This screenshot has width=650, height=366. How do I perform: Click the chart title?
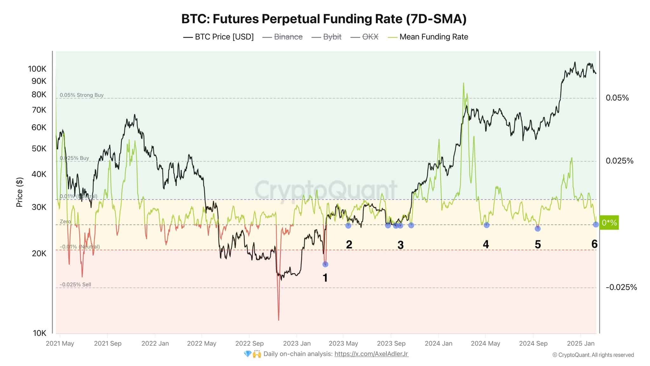point(324,19)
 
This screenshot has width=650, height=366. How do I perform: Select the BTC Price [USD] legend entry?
point(219,37)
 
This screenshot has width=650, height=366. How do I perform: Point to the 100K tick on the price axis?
point(37,69)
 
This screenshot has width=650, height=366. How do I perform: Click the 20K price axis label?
point(39,254)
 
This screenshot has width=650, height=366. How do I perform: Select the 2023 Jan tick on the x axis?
point(297,343)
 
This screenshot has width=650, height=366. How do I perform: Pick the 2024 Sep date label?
point(533,343)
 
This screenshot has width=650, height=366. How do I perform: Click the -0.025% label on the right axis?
point(621,287)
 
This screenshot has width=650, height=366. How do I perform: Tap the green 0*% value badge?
point(609,223)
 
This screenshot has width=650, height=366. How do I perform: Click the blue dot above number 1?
point(325,264)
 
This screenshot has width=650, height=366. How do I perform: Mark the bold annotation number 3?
point(401,245)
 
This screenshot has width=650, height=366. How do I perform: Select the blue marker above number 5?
point(538,228)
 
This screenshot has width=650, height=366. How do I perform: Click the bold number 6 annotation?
point(594,244)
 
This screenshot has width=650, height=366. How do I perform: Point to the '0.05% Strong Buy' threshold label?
point(82,95)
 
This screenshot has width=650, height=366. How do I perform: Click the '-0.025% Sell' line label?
point(76,284)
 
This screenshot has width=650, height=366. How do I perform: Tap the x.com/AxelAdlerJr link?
point(371,354)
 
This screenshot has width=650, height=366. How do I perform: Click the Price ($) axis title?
point(20,192)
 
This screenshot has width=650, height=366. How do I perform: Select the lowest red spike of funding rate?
point(279,319)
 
